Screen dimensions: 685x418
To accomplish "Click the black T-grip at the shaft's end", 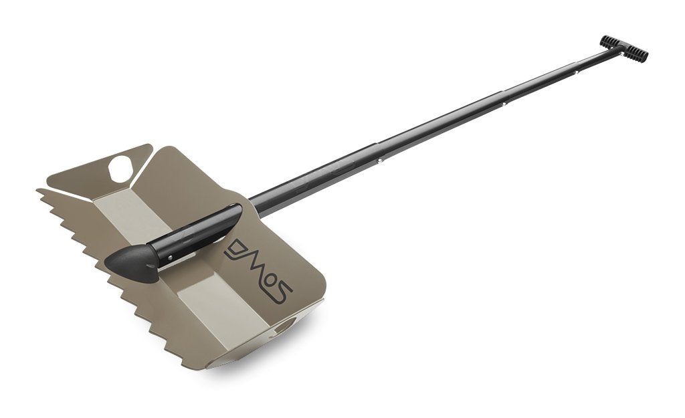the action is [624, 48].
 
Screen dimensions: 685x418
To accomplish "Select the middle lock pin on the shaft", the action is [504, 104].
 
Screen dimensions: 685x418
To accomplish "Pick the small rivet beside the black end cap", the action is [171, 257].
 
